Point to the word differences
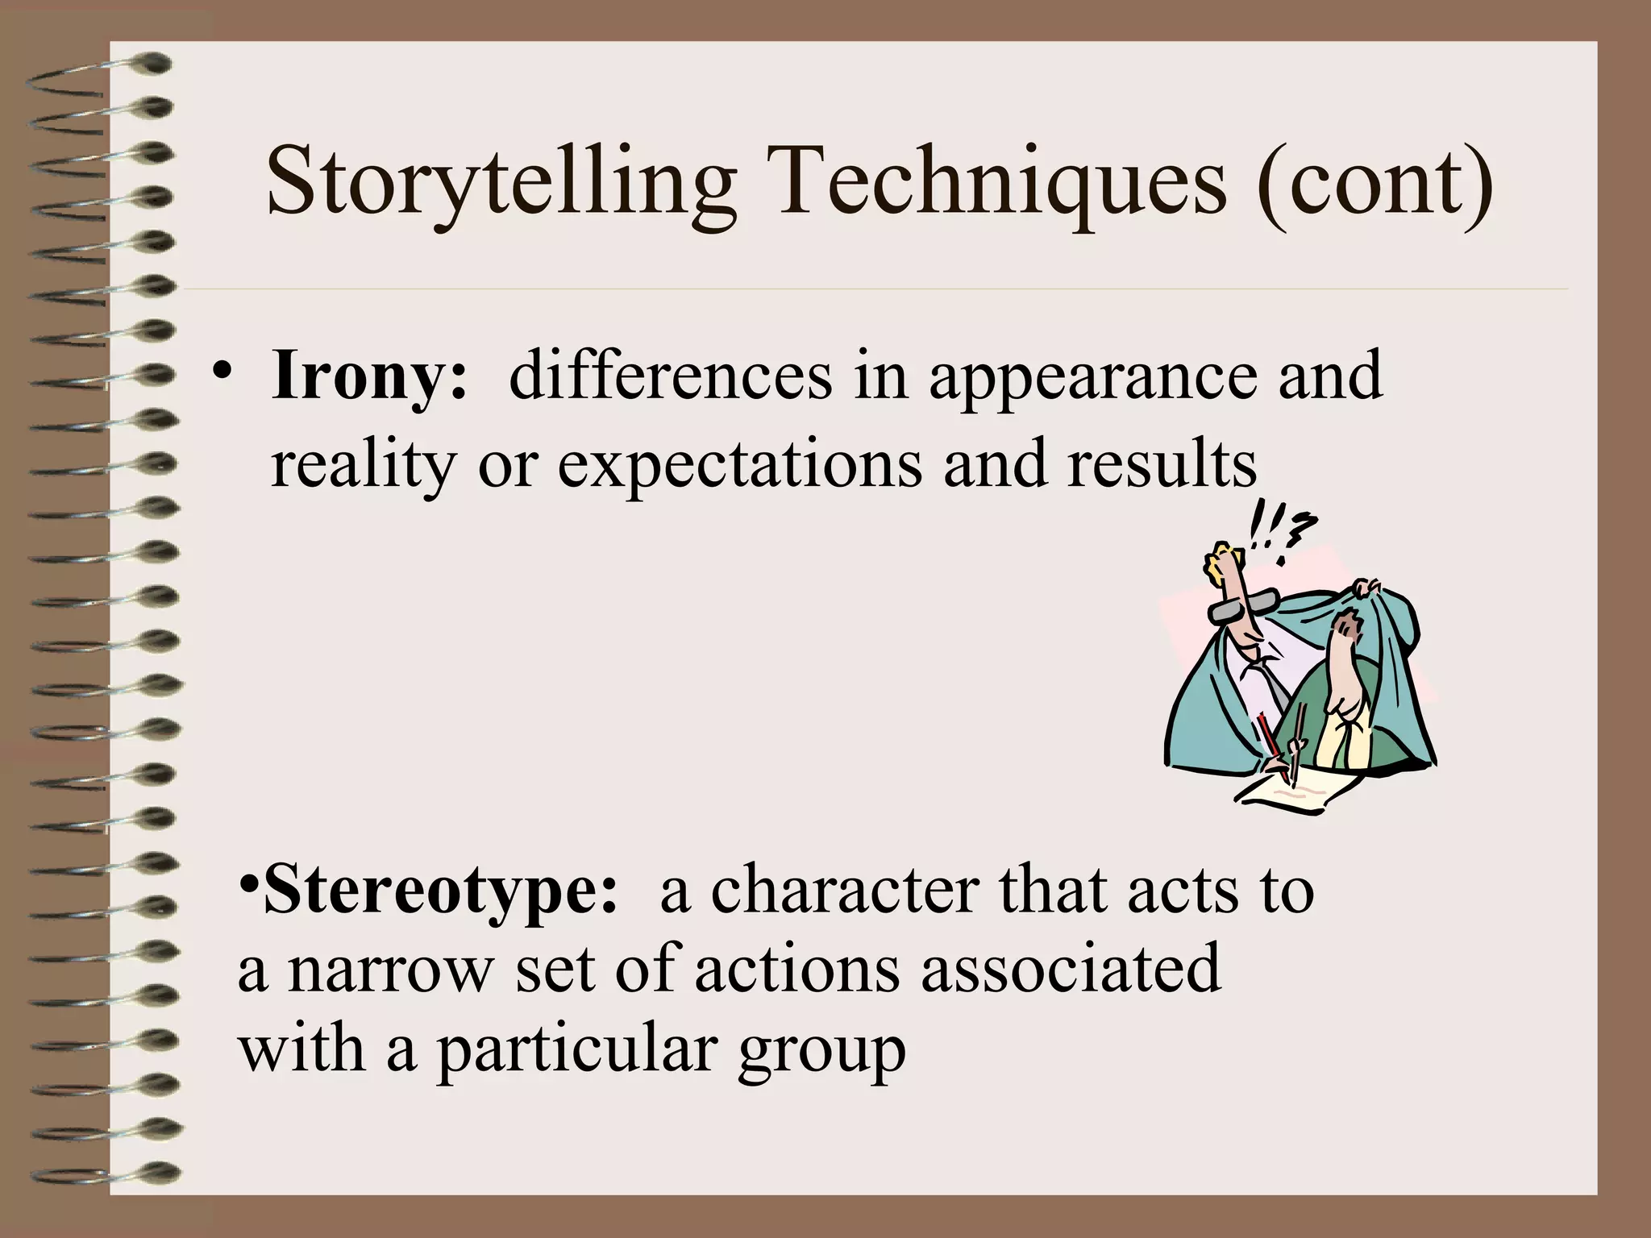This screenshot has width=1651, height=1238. point(670,376)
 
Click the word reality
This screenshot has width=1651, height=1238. point(363,466)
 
